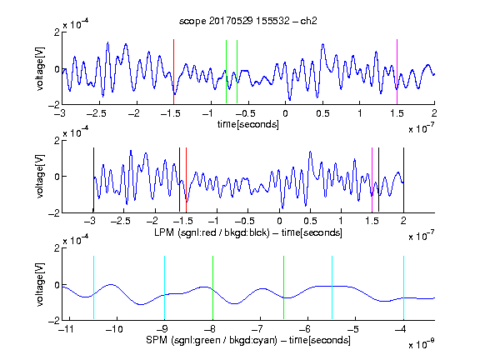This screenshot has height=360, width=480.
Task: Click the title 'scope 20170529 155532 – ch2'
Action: pyautogui.click(x=248, y=21)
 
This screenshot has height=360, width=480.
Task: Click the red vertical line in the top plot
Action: pyautogui.click(x=173, y=72)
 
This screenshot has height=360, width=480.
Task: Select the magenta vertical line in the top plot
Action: pyautogui.click(x=397, y=72)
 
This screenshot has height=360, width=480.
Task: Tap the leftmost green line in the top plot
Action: pyautogui.click(x=226, y=72)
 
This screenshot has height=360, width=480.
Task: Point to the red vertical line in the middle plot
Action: pyautogui.click(x=186, y=180)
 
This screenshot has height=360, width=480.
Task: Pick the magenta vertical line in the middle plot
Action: pyautogui.click(x=372, y=180)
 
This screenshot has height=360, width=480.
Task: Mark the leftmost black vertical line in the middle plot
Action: pyautogui.click(x=93, y=180)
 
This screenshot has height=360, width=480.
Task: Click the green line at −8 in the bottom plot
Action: pyautogui.click(x=212, y=287)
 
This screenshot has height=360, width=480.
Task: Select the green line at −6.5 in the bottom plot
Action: pyautogui.click(x=284, y=287)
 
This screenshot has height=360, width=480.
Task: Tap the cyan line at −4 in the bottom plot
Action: pyautogui.click(x=404, y=287)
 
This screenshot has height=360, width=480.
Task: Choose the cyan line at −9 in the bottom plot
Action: pyautogui.click(x=165, y=287)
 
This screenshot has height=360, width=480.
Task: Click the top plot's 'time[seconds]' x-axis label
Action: pyautogui.click(x=248, y=124)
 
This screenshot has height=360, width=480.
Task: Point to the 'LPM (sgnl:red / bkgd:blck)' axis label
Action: pyautogui.click(x=212, y=232)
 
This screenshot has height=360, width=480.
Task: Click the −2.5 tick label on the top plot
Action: pyautogui.click(x=97, y=113)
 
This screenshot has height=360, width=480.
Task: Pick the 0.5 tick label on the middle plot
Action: pyautogui.click(x=310, y=221)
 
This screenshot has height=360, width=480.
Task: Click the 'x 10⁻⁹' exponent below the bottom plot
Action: pyautogui.click(x=422, y=344)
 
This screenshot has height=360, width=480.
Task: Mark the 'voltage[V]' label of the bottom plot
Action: pyautogui.click(x=40, y=284)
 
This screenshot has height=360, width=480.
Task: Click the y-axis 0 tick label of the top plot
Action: pyautogui.click(x=57, y=69)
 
